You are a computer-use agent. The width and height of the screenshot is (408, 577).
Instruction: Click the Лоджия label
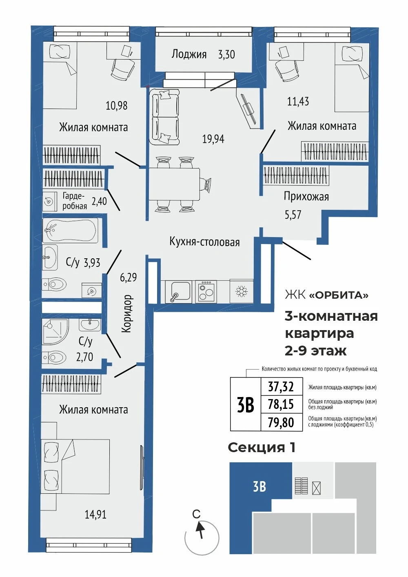(x=189, y=55)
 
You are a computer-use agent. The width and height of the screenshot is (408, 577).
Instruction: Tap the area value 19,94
(x=213, y=139)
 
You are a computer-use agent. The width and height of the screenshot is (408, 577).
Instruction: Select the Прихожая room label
(x=306, y=197)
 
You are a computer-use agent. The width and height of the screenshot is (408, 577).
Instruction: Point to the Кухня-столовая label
(x=204, y=242)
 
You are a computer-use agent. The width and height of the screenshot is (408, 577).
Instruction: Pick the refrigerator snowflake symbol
(x=242, y=291)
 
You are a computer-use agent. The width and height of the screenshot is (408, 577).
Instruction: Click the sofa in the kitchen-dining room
(x=164, y=117)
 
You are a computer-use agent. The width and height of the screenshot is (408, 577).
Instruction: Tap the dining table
(x=175, y=184)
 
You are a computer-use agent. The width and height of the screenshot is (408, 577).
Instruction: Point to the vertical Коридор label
(x=127, y=313)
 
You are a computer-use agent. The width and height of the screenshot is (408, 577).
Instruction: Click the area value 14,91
(x=95, y=515)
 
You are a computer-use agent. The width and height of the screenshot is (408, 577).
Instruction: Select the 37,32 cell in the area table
(x=281, y=386)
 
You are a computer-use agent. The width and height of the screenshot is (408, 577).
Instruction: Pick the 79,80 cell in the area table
(x=281, y=422)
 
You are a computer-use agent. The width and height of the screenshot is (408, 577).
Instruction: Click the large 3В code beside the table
(x=245, y=405)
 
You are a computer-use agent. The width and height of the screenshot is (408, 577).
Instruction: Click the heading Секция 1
(x=262, y=448)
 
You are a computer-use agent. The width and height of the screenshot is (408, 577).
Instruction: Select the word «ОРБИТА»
(x=339, y=295)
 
